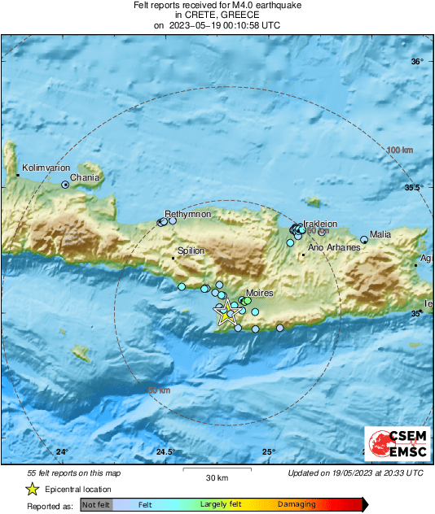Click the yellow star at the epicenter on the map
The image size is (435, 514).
(x=225, y=311)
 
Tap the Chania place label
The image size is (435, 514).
(x=85, y=177)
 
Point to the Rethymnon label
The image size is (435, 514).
(x=188, y=214)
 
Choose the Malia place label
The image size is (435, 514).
(x=380, y=235)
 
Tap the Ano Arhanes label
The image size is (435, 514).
(x=332, y=247)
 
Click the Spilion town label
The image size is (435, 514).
(x=191, y=250)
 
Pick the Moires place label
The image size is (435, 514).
(x=259, y=293)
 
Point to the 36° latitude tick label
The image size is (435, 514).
(x=416, y=62)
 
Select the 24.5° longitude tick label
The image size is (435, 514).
(x=165, y=451)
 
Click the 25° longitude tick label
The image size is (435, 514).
(x=268, y=451)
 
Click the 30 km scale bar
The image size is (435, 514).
(x=216, y=469)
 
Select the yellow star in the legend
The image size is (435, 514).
(x=32, y=489)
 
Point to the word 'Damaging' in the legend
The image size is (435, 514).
(x=297, y=505)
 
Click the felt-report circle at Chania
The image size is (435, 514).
(x=65, y=185)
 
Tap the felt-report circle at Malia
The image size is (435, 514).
(x=364, y=240)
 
